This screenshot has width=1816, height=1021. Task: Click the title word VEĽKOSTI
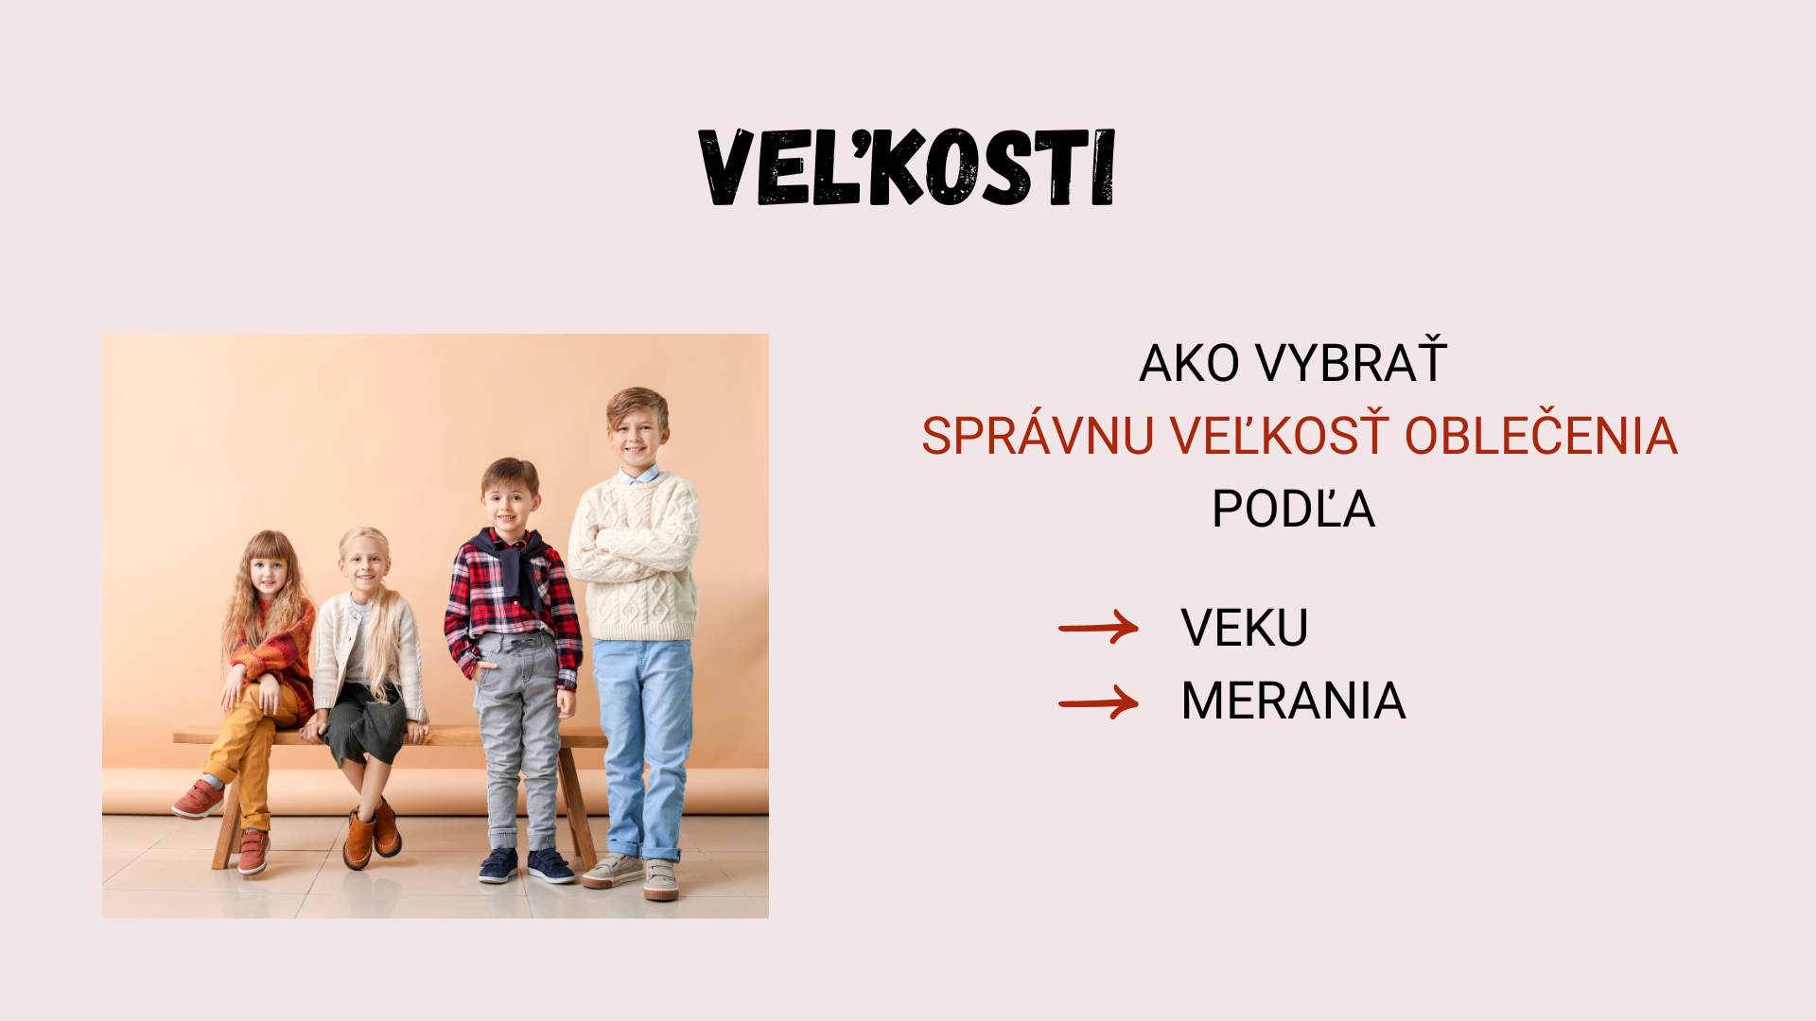coord(907,167)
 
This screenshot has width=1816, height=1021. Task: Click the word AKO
coord(1189,363)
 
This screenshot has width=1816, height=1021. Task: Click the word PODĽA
coord(1293,508)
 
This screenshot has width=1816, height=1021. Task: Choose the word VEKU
coord(1245,627)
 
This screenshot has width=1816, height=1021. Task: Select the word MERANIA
coord(1293,701)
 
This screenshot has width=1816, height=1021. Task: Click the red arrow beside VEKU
coord(1098,627)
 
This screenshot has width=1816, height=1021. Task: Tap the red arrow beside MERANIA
coord(1098,702)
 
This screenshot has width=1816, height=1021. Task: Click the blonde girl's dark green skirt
coord(364,723)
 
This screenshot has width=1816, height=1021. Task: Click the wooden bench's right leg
coord(574,805)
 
